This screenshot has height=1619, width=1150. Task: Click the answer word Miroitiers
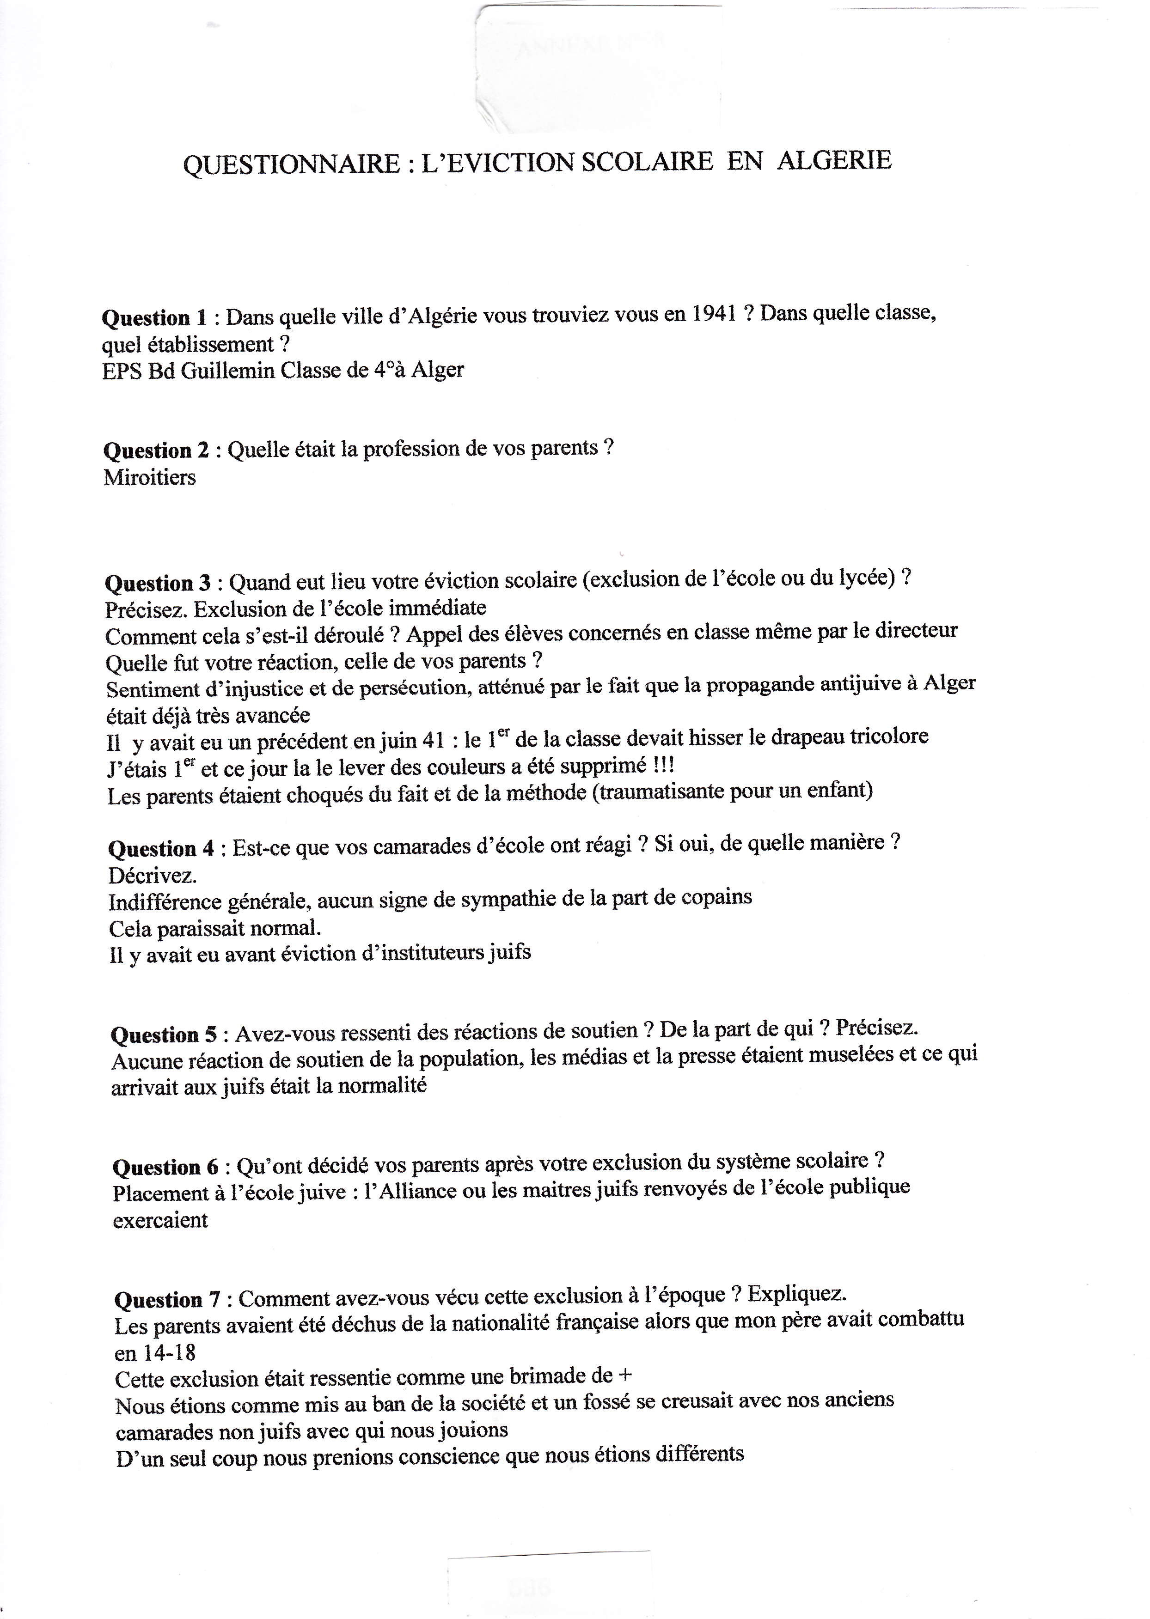tap(149, 477)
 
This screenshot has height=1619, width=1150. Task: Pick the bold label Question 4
tap(161, 849)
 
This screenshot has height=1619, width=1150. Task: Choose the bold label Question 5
tap(164, 1035)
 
